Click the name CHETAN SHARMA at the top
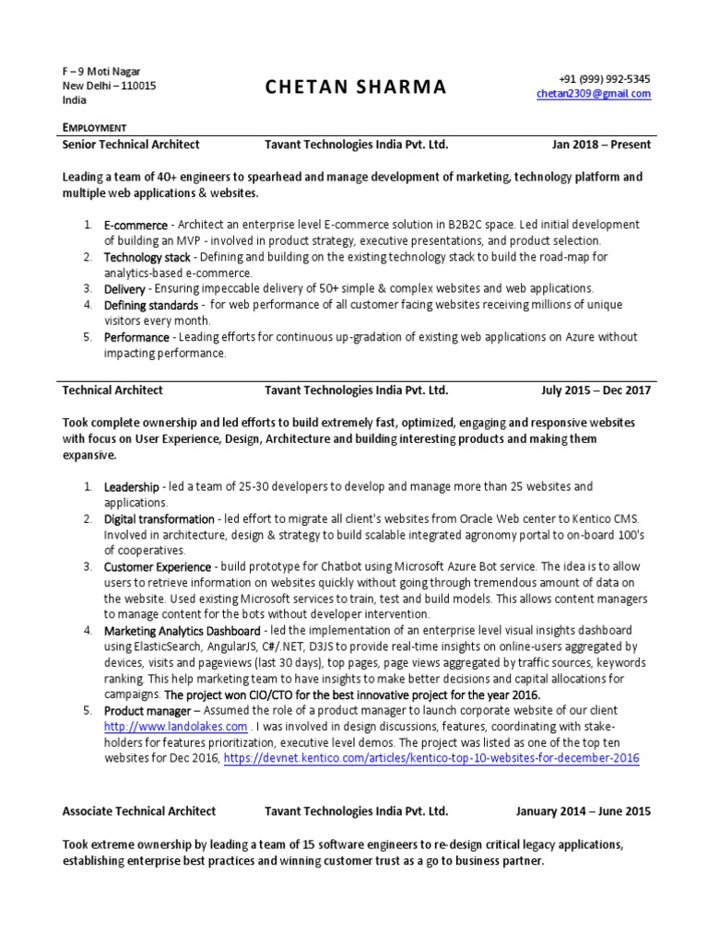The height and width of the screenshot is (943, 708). point(356,87)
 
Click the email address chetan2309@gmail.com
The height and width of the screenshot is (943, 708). point(594,94)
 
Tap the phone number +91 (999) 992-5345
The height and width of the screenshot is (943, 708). point(605,79)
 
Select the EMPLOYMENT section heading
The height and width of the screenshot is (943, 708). point(94,127)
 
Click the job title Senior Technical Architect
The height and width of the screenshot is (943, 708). point(131,145)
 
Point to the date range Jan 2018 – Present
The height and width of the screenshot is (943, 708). point(601,145)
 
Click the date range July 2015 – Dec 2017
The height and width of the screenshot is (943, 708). point(596,390)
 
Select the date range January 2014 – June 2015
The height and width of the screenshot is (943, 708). point(583,811)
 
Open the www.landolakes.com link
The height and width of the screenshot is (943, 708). point(175,727)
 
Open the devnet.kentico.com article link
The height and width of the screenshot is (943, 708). point(431,758)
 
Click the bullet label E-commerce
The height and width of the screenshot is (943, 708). point(136,226)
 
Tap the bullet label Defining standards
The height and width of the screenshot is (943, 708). point(151,305)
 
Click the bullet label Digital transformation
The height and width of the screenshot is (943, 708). point(159,519)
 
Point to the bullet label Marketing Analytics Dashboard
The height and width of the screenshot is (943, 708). point(182,631)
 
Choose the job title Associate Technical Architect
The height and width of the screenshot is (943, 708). point(139,811)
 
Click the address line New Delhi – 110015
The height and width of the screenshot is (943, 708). point(109,87)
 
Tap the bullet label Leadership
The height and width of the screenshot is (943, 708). point(132,486)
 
